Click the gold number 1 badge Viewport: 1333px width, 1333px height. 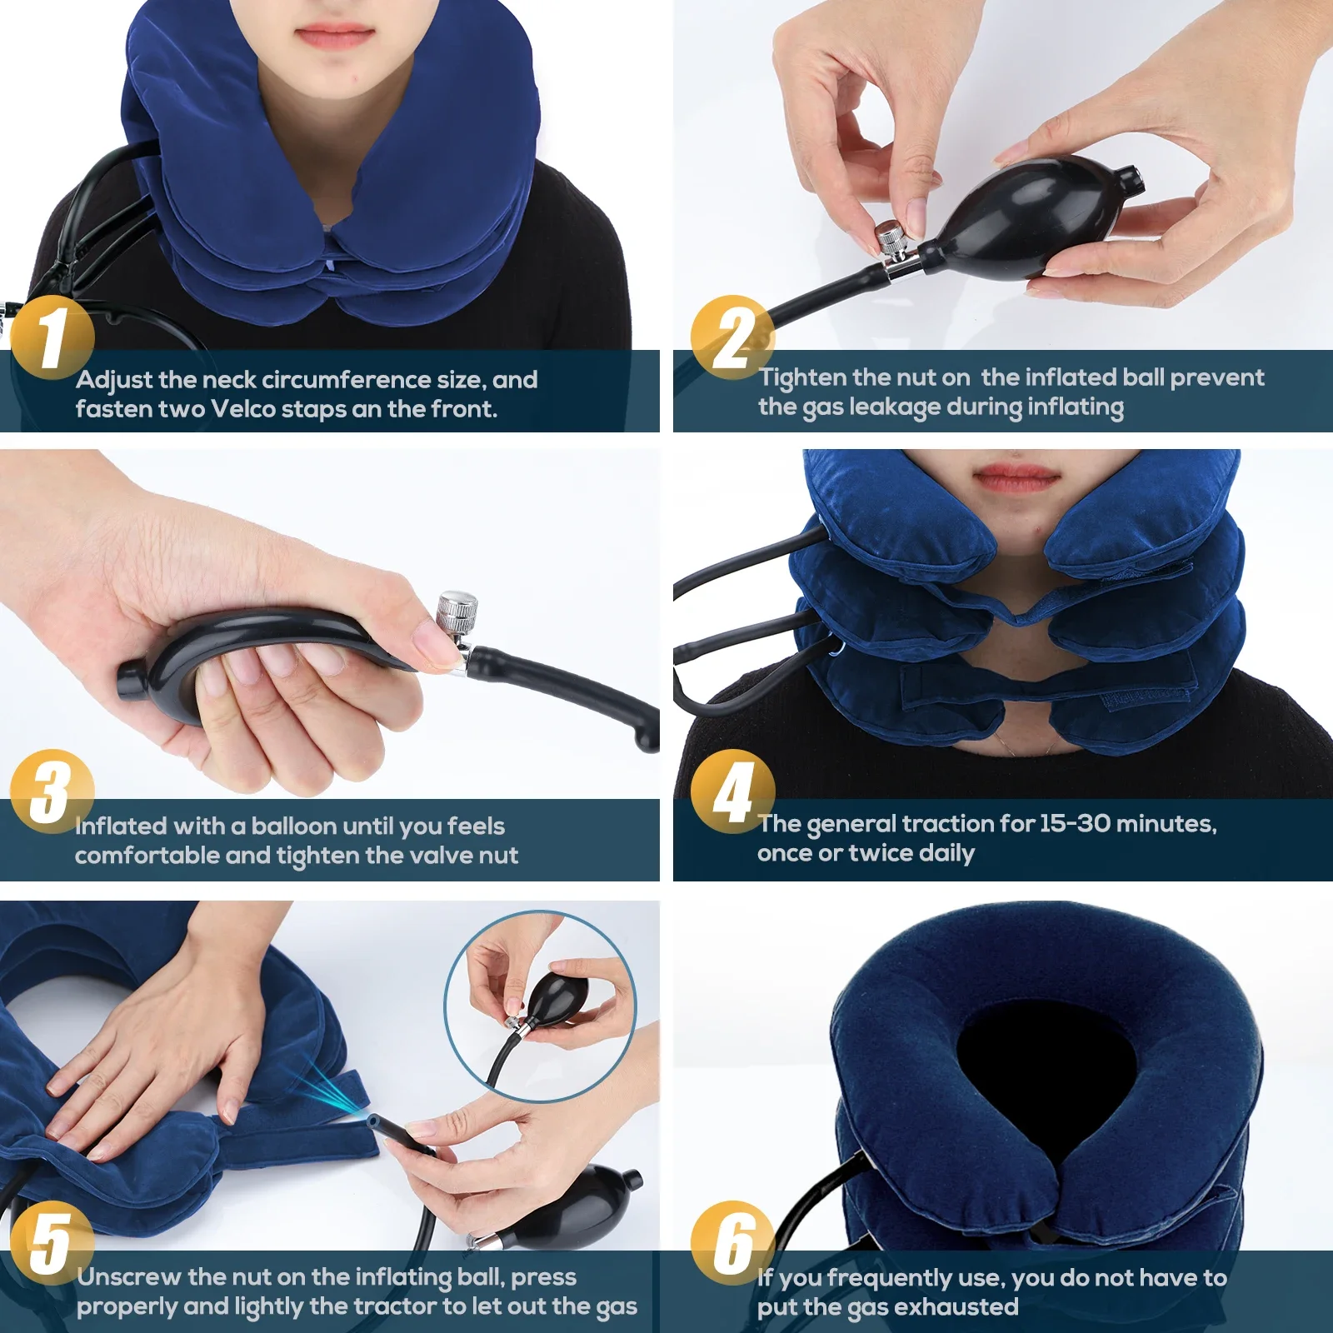[52, 337]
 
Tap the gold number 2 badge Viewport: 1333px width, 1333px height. [732, 337]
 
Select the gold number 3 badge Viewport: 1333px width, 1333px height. [52, 791]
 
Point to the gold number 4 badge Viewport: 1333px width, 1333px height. [732, 791]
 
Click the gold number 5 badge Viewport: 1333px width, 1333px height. [52, 1242]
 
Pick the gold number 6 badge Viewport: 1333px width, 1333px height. [732, 1242]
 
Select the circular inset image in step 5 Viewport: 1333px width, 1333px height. [540, 1006]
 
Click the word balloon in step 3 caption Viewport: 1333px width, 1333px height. [294, 826]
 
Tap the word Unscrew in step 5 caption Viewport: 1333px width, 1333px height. [128, 1277]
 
